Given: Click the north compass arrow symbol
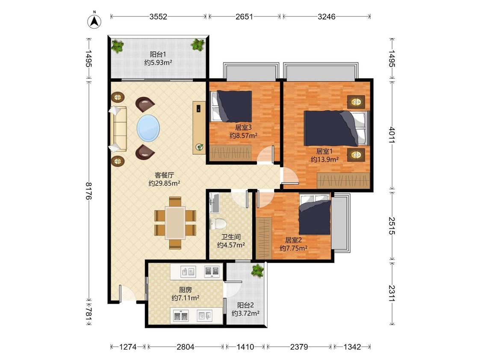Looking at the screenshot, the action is (95, 21).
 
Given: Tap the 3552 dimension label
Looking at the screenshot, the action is (158, 17).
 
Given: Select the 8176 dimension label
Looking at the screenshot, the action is (89, 191).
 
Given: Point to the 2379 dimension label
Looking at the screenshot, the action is (299, 347).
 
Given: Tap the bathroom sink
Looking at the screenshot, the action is (214, 203).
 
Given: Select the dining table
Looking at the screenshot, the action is (175, 223).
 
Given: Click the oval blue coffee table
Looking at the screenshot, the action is (148, 128).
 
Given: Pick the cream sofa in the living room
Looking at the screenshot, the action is (118, 129).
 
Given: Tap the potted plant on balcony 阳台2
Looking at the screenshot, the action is (257, 271).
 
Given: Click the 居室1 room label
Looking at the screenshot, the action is (325, 151).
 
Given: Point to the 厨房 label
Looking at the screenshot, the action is (185, 290).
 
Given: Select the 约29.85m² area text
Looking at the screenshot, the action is (165, 183).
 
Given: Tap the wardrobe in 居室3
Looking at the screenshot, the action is (230, 152).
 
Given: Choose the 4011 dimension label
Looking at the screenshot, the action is (392, 135).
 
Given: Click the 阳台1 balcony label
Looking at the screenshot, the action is (158, 54).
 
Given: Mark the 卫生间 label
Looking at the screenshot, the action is (231, 237).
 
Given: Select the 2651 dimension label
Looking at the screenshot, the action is (244, 17).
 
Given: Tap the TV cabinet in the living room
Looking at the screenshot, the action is (199, 128).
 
